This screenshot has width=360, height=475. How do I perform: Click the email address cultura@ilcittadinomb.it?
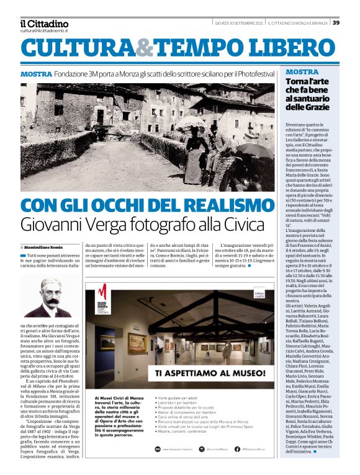point(43,30)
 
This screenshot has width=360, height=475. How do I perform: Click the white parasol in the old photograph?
point(187,122)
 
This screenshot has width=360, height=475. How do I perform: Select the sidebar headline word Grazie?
point(319,109)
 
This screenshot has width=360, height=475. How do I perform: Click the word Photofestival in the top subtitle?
point(255,74)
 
